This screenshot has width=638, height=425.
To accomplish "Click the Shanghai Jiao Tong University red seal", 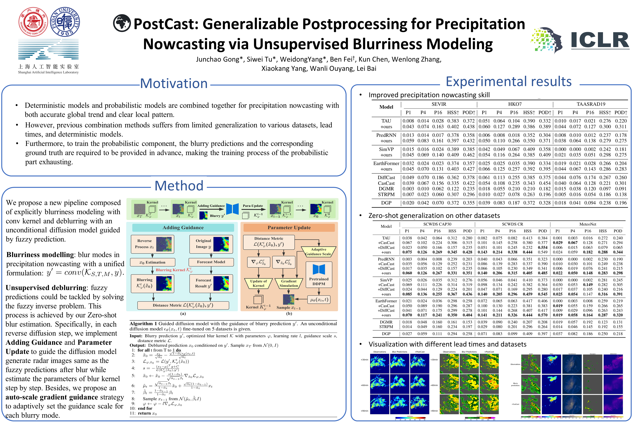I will pos(33,22).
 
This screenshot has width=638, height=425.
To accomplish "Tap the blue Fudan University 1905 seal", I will pos(65,22).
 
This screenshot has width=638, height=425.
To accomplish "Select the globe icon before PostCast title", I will pos(122,23).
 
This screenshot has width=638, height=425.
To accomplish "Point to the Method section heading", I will pos(179,186).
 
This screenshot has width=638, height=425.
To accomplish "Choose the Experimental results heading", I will pos(509,81).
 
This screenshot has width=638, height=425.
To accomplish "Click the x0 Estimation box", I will pos(152,262).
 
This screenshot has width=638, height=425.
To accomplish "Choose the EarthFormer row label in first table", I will pos(386,163).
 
